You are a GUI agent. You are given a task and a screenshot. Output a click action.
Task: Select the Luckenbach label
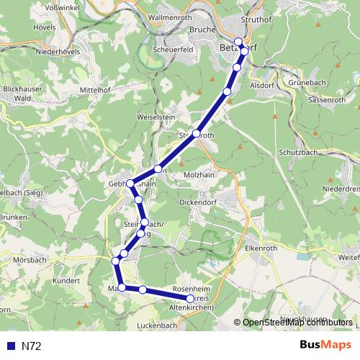pos(156,325)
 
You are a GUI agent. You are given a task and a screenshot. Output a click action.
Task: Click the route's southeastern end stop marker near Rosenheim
pos(190,298)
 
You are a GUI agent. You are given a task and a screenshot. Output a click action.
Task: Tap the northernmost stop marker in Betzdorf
pos(239,42)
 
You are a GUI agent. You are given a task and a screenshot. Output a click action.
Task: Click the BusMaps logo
pos(325,346)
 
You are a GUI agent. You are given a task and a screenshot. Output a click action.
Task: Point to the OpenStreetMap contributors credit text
pos(297,322)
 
